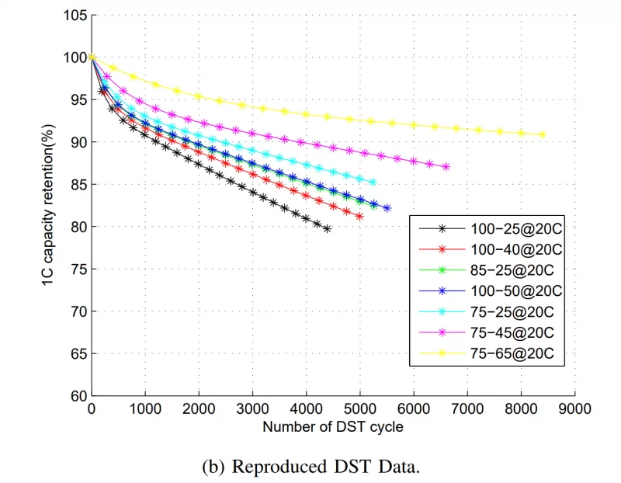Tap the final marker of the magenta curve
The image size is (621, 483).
[x=446, y=167]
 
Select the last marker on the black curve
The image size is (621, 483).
[x=328, y=228]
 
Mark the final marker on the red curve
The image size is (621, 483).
[x=359, y=216]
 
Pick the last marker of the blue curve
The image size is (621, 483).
[x=387, y=208]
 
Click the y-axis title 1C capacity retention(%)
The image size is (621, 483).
[x=48, y=205]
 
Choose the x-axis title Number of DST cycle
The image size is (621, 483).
[x=333, y=426]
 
